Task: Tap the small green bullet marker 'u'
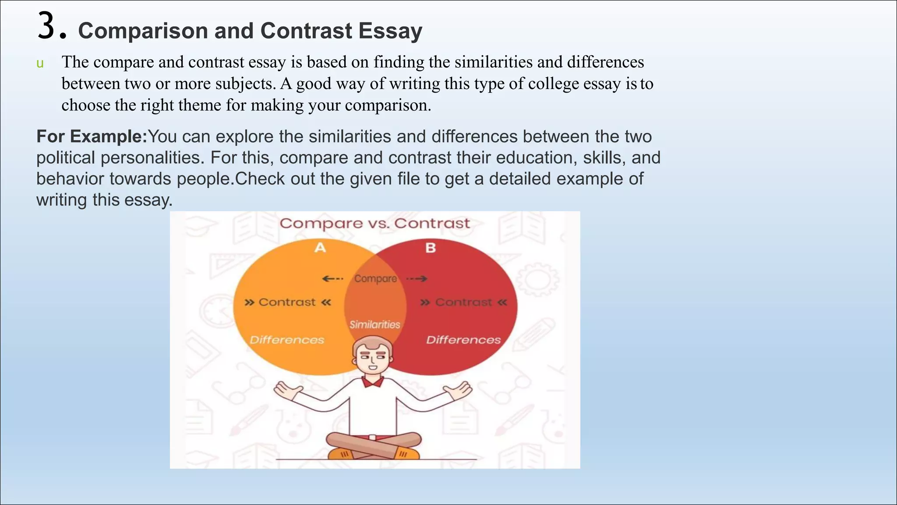[x=40, y=64]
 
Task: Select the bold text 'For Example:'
[x=92, y=137]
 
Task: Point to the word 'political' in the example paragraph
[x=66, y=158]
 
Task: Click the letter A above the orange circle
[x=320, y=248]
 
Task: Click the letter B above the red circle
[x=431, y=248]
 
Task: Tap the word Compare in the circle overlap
[x=375, y=279]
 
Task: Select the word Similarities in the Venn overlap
[x=375, y=325]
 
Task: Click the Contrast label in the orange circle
[x=287, y=302]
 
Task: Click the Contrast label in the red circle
[x=463, y=302]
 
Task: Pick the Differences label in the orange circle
[x=287, y=340]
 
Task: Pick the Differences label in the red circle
[x=463, y=340]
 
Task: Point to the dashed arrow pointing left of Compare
[x=332, y=279]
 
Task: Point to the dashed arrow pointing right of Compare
[x=417, y=279]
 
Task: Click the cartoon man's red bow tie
[x=373, y=382]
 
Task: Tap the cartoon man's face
[x=372, y=357]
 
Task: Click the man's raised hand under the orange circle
[x=288, y=390]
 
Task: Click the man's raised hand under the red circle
[x=458, y=390]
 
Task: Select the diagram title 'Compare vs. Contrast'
[x=374, y=224]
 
